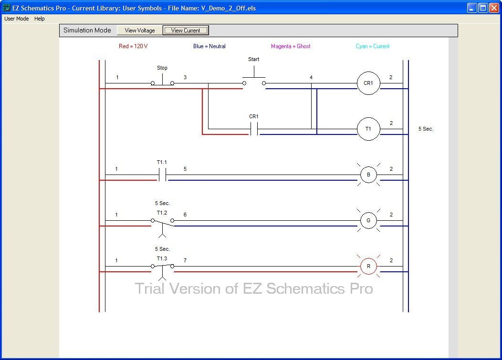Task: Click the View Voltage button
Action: click(139, 31)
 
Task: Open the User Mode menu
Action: click(17, 19)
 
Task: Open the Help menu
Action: click(40, 19)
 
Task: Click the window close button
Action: click(494, 8)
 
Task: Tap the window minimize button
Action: click(472, 8)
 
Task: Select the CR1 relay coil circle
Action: click(368, 83)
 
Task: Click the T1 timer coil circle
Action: click(368, 129)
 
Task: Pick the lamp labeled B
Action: click(368, 175)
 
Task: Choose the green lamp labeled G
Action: click(368, 221)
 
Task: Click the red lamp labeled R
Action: click(368, 267)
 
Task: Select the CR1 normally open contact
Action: click(254, 129)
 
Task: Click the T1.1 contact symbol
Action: click(162, 175)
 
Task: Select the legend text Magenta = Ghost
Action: click(291, 46)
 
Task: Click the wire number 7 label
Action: click(185, 260)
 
